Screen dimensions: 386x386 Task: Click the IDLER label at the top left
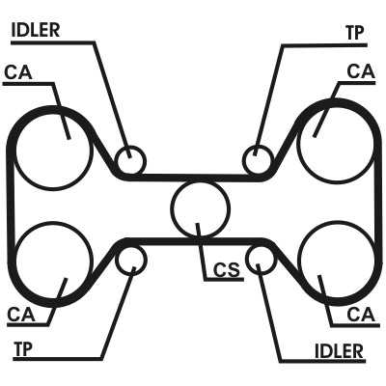coord(36,30)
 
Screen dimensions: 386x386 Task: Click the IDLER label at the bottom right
coord(339,350)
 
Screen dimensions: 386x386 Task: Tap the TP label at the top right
coord(355,33)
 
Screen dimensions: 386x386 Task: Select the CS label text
coord(227,270)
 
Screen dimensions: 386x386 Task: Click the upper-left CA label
coord(18,72)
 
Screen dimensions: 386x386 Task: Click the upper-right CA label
coord(361,71)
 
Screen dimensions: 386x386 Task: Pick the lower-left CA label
coord(21,315)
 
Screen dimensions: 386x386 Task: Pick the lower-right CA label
coord(361,315)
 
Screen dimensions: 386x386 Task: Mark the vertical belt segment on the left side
coord(11,206)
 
